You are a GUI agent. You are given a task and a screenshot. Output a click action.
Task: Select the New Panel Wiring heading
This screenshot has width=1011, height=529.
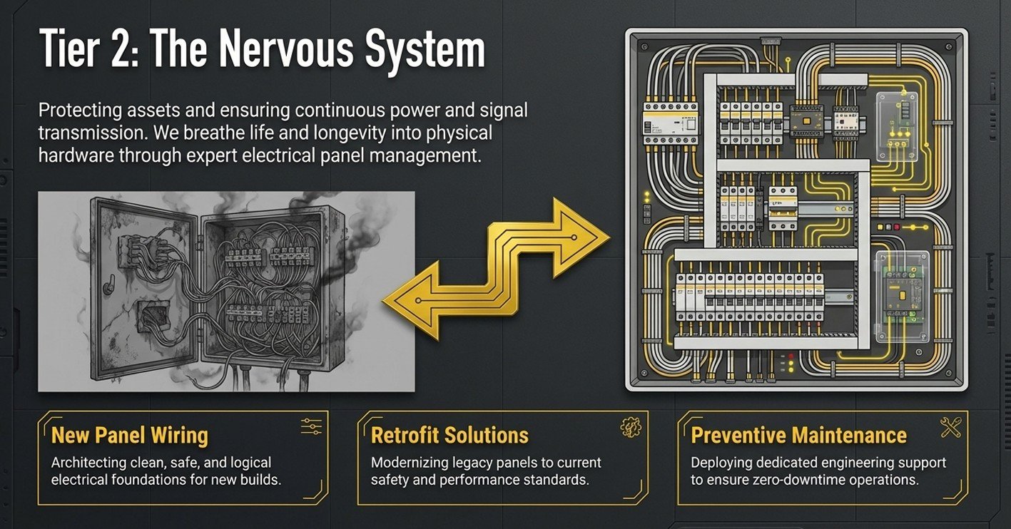pyautogui.click(x=130, y=435)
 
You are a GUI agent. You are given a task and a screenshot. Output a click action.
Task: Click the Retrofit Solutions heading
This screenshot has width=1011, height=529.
pyautogui.click(x=449, y=435)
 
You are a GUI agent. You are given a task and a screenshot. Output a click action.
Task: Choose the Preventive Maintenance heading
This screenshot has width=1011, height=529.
pyautogui.click(x=799, y=435)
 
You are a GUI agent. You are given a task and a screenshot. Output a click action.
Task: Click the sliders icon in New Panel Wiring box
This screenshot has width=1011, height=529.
pyautogui.click(x=312, y=426)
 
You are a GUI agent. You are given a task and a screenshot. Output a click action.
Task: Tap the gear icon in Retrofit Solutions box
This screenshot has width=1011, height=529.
pyautogui.click(x=631, y=427)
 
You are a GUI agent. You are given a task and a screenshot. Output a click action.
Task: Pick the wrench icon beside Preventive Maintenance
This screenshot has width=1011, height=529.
pyautogui.click(x=950, y=427)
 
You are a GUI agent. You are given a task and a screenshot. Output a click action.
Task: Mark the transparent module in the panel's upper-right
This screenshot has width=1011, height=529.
pyautogui.click(x=897, y=125)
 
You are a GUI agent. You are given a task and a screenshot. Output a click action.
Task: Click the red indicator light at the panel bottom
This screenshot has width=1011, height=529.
pyautogui.click(x=783, y=355)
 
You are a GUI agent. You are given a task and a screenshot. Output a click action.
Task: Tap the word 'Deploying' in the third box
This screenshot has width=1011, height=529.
pyautogui.click(x=720, y=463)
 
